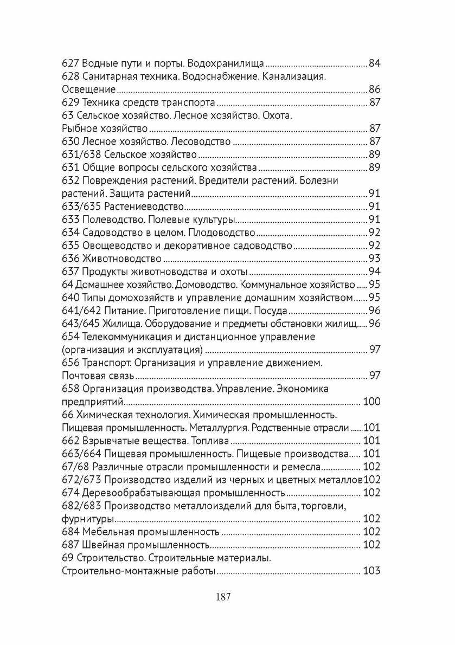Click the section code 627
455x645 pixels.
70,63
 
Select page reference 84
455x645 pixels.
375,63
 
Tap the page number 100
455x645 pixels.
371,402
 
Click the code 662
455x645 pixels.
70,441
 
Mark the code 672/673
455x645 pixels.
80,480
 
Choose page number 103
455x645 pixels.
371,571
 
